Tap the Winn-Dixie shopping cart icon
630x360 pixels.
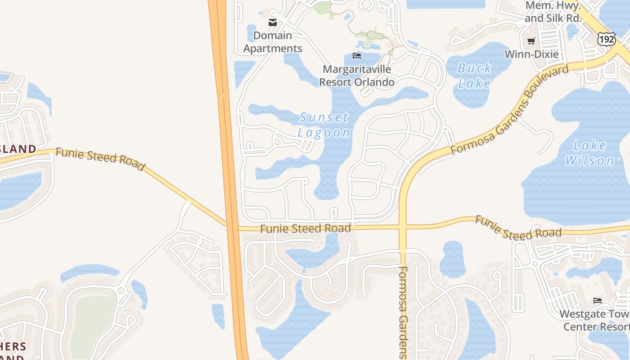pyautogui.click(x=531, y=41)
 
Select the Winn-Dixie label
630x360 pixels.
pyautogui.click(x=531, y=54)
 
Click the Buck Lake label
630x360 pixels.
pyautogui.click(x=474, y=76)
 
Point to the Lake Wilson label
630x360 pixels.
pyautogui.click(x=589, y=153)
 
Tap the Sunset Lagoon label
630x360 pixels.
pyautogui.click(x=324, y=125)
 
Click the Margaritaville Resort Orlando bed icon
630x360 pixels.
pyautogui.click(x=357, y=56)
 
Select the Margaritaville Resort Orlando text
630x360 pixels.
pyautogui.click(x=357, y=76)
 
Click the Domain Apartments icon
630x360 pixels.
pyautogui.click(x=273, y=22)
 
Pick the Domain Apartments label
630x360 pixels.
pyautogui.click(x=273, y=42)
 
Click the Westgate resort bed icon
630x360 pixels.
pyautogui.click(x=598, y=300)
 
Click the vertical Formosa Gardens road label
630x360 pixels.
pyautogui.click(x=403, y=313)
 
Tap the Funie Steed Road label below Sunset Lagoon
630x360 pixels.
pyautogui.click(x=306, y=229)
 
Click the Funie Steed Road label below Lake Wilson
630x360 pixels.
pyautogui.click(x=518, y=228)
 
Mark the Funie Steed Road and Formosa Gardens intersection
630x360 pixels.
pyautogui.click(x=403, y=227)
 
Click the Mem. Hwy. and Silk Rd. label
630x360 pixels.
pyautogui.click(x=553, y=12)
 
